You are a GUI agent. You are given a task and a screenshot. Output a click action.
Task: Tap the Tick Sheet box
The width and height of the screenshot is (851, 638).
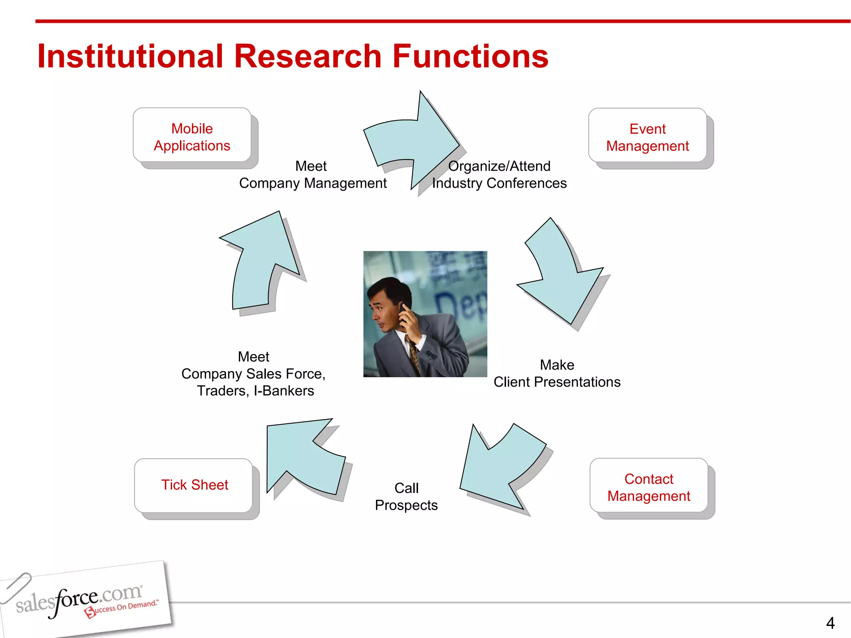(x=194, y=485)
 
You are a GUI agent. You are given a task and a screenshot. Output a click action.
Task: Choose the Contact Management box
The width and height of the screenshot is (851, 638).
(x=649, y=487)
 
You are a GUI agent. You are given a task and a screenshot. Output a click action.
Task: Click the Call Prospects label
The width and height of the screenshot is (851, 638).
(x=406, y=496)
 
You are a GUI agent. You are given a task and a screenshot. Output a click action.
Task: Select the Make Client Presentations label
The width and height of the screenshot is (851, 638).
(x=557, y=373)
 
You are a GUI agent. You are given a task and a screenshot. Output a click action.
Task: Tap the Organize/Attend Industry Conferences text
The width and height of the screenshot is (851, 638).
(x=499, y=174)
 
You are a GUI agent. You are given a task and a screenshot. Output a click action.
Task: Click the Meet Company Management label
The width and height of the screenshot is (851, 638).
(x=312, y=174)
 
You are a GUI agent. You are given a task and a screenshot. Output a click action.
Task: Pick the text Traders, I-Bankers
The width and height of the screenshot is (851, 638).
(x=255, y=391)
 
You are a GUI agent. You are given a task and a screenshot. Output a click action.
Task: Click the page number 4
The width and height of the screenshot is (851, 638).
(x=830, y=623)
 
